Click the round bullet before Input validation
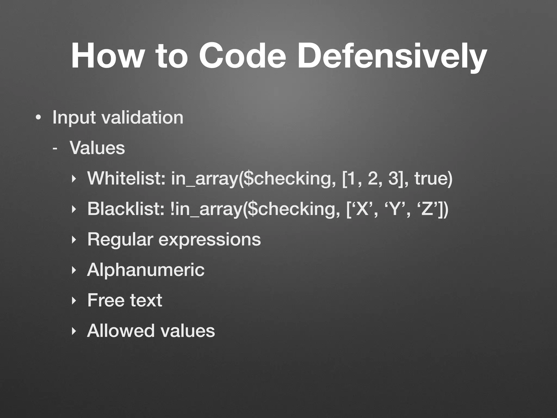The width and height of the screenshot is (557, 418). (38, 118)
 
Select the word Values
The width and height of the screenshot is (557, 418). (97, 148)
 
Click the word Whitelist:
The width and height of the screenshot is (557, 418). (126, 179)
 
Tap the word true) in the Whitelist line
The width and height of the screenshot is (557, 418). (433, 179)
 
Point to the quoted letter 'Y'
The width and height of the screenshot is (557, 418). (394, 209)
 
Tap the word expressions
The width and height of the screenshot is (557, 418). (209, 240)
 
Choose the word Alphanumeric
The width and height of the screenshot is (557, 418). (146, 270)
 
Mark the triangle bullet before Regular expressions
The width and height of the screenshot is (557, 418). (73, 240)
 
